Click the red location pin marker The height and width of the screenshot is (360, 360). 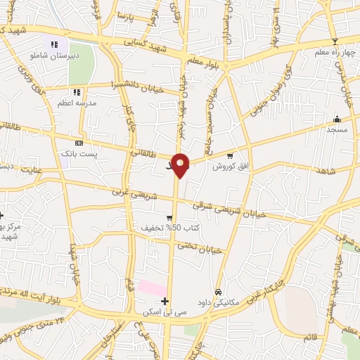[x=181, y=165]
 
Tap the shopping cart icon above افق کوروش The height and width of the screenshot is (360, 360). [x=229, y=155]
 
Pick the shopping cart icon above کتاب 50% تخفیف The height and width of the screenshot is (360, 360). [x=169, y=218]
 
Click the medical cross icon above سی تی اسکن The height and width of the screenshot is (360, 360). [x=165, y=300]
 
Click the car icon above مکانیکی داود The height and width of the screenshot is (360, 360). [x=218, y=292]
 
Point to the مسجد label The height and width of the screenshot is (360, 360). [x=337, y=129]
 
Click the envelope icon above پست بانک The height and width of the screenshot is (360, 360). [x=78, y=143]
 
